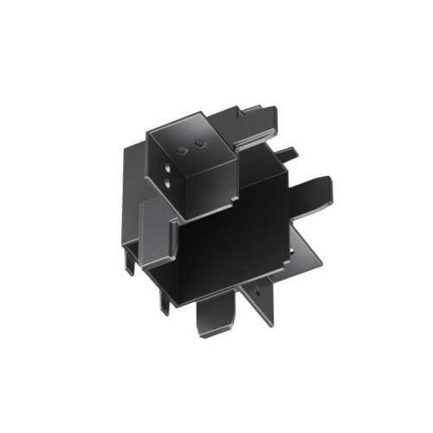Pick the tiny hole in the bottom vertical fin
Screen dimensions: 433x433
pos(258,287)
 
